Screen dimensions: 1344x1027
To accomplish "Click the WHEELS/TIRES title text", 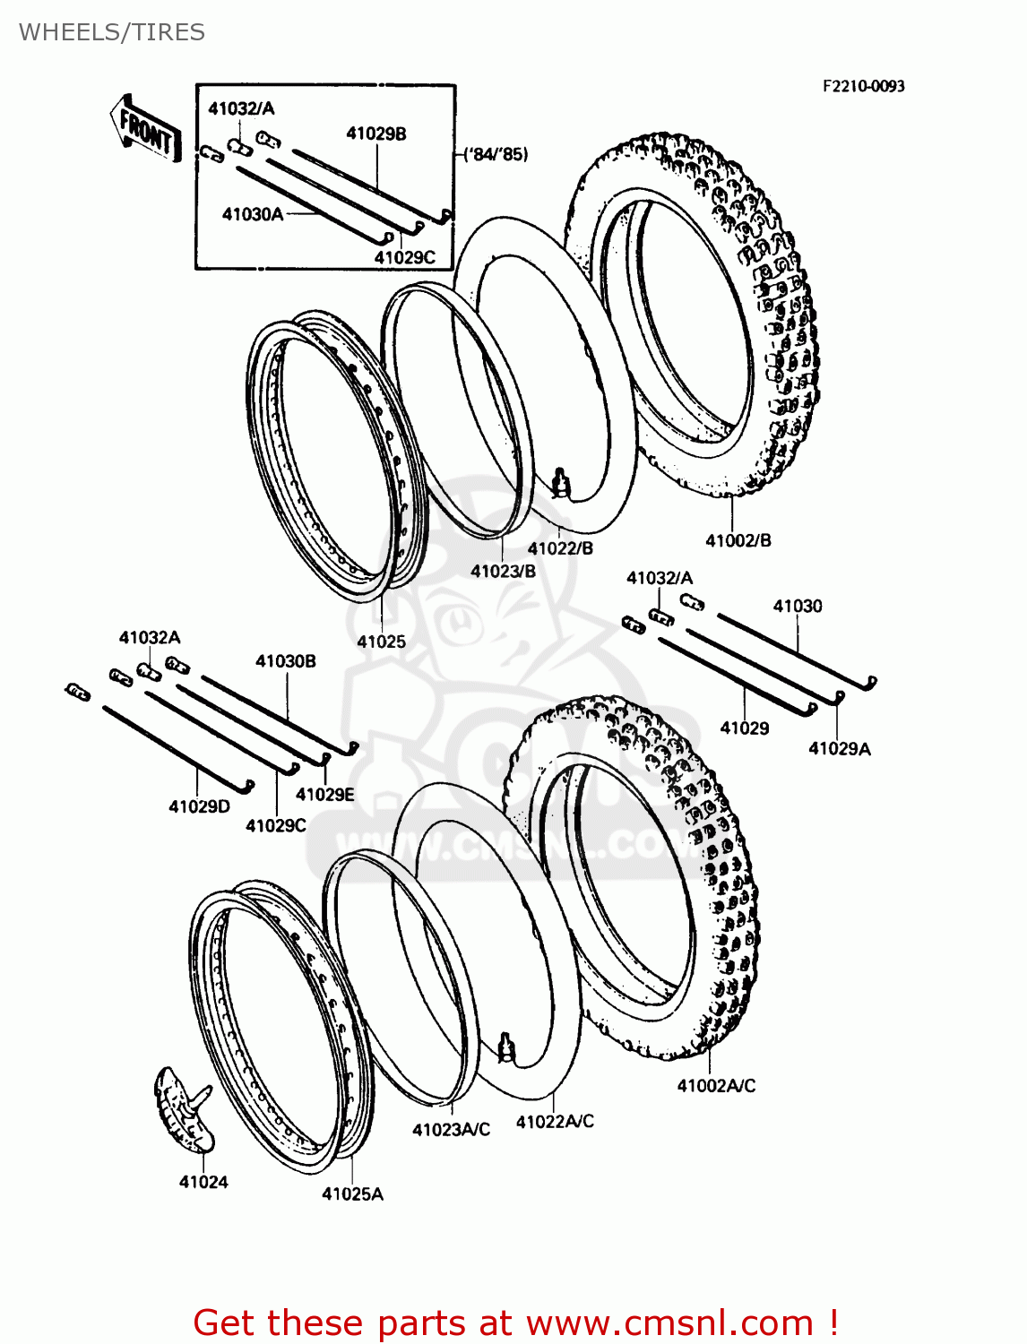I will [112, 32].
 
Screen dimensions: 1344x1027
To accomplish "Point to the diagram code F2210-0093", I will [863, 86].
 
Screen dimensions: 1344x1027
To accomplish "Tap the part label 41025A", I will [352, 1193].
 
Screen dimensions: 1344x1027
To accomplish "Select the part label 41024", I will [203, 1182].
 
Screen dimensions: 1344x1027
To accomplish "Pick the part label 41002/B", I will [738, 540].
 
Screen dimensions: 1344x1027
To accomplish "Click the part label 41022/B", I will [560, 548].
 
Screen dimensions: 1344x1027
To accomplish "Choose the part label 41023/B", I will [503, 571].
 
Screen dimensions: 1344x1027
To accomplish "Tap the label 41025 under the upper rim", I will [381, 642].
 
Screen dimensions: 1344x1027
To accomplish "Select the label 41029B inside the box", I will [376, 134].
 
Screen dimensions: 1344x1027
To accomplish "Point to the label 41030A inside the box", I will [253, 214].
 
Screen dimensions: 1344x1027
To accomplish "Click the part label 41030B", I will [285, 661].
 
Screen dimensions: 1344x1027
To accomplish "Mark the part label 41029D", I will [199, 806].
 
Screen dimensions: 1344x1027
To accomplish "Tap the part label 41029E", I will [324, 794].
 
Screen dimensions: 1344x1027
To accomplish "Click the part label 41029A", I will [839, 748].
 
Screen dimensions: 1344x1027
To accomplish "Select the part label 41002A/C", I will [716, 1085].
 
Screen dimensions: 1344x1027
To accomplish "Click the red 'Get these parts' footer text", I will [515, 1322].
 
